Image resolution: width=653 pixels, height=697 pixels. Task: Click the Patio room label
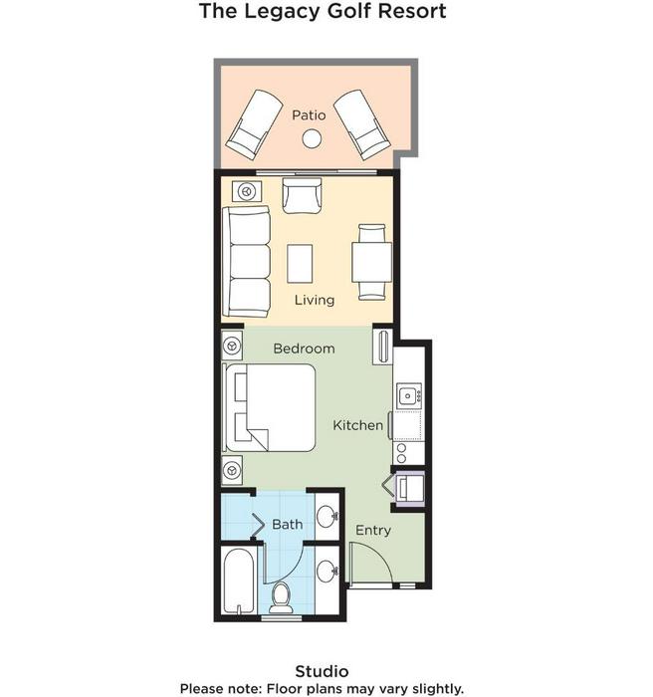click(309, 116)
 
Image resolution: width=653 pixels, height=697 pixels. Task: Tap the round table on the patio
click(312, 138)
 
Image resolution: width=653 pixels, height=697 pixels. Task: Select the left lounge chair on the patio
click(254, 124)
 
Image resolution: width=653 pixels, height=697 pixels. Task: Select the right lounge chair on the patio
click(362, 124)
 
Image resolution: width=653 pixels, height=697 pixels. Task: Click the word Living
click(315, 300)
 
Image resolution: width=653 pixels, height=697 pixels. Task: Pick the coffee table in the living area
click(300, 264)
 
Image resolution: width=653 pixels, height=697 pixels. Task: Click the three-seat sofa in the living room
click(247, 261)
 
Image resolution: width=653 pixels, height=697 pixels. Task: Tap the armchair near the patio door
click(302, 195)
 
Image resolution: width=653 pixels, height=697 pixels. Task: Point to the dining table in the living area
click(372, 262)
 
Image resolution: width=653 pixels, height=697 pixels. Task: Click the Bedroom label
click(304, 348)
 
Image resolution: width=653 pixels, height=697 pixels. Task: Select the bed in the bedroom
click(271, 408)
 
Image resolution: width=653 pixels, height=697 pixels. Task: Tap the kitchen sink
click(407, 395)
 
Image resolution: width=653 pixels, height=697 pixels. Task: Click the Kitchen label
click(357, 425)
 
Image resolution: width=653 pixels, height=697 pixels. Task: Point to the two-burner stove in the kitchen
click(402, 453)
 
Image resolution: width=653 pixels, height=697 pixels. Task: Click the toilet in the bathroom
click(281, 597)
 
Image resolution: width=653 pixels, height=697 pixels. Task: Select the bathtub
click(239, 581)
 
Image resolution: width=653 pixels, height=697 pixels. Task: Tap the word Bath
click(287, 525)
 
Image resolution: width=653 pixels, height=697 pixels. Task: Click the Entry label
click(373, 531)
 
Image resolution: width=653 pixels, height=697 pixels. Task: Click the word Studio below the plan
click(322, 671)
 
